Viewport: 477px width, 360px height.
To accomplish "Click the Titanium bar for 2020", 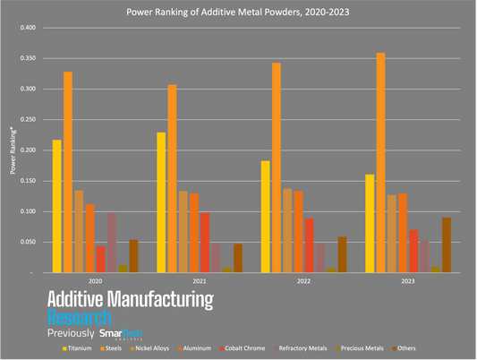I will (x=57, y=206).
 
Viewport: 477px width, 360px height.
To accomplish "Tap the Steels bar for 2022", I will (x=276, y=167).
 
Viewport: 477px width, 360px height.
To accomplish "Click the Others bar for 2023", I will (x=446, y=244).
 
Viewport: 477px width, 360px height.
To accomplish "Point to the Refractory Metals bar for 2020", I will (x=112, y=242).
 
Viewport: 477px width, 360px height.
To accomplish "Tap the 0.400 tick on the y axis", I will (x=28, y=28).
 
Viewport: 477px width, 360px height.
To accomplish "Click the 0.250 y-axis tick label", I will (x=28, y=120).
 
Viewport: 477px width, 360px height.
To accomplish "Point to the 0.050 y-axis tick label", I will (x=28, y=243).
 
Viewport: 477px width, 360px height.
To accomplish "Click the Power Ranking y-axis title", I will (x=13, y=150).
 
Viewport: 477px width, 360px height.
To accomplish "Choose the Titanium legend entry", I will (x=81, y=347).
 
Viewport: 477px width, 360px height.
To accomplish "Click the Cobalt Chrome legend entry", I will (x=243, y=347).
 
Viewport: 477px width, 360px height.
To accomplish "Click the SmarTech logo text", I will (x=120, y=333).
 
